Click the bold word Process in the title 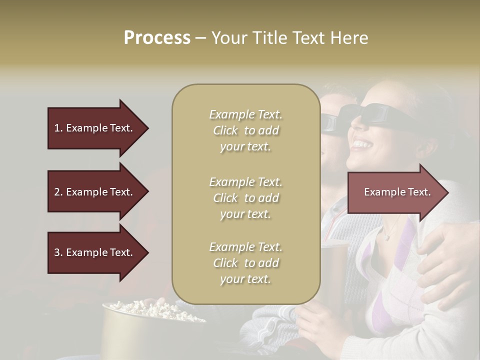point(157,38)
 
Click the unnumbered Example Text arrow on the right point(397,192)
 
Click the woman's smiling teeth point(362,145)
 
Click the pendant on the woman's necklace point(386,237)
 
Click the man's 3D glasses point(330,121)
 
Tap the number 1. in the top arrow point(58,128)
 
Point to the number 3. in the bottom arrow point(58,252)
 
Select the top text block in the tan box point(245,130)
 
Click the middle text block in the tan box point(245,198)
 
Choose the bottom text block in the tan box point(245,263)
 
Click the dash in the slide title point(200,38)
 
